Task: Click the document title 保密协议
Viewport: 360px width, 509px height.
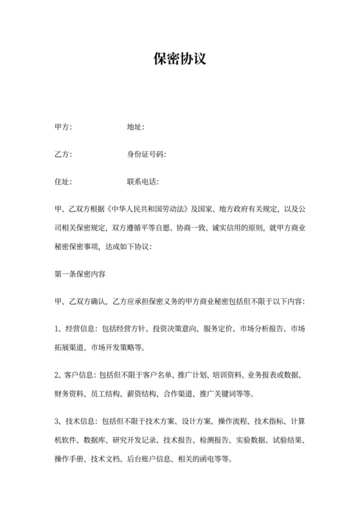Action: pos(179,59)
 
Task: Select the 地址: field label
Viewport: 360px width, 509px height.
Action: pos(136,127)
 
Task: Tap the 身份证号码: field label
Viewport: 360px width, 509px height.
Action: pos(147,155)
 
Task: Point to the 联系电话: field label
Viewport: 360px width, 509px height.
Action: pos(143,182)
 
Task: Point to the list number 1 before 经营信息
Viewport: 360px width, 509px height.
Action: pos(57,329)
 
